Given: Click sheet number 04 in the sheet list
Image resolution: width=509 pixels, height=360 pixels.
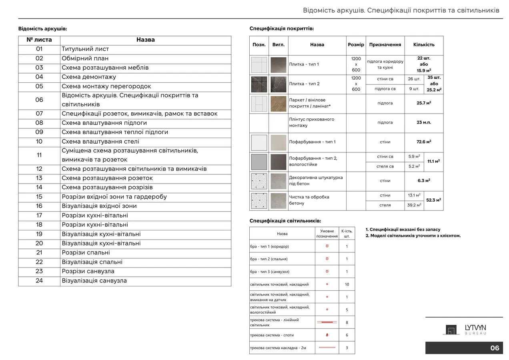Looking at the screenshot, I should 39,77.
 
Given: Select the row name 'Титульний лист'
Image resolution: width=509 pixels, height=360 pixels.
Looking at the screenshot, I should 85,49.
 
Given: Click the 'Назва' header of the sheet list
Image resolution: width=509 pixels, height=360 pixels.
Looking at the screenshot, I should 145,40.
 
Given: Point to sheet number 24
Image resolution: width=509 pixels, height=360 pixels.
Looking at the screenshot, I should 39,281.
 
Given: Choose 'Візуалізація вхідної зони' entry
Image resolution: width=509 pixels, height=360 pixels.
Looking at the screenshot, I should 99,206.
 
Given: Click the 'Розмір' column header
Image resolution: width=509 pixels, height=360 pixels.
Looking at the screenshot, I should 356,45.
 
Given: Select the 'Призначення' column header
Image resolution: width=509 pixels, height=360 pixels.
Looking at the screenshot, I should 385,45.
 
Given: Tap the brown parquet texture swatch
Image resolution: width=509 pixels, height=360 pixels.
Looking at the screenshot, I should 278,104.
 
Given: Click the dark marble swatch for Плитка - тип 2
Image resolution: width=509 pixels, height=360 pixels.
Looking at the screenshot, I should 278,84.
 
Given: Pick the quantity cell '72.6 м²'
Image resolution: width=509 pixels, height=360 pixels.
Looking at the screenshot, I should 424,142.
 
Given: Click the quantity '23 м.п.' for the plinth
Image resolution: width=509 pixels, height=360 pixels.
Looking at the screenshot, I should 424,122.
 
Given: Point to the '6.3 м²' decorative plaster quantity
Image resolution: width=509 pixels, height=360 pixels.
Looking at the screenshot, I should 424,181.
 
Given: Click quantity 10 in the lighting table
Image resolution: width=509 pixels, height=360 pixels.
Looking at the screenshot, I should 347,284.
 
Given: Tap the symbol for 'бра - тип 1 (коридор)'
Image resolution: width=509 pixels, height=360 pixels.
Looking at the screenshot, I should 327,246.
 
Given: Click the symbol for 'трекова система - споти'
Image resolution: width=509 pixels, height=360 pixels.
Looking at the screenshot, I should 327,335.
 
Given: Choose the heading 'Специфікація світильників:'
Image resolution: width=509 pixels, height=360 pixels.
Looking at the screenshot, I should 285,221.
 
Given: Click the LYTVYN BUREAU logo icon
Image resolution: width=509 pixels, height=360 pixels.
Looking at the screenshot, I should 451,330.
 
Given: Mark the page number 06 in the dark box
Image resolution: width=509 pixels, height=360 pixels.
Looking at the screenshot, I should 495,348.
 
